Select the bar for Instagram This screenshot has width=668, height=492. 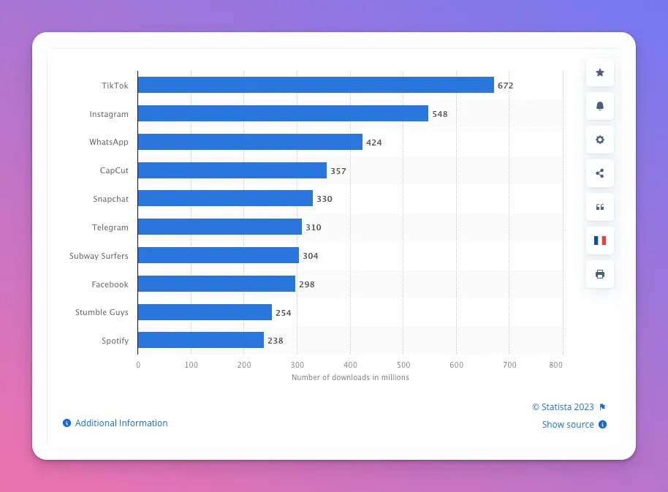pyautogui.click(x=283, y=114)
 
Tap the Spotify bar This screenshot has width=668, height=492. pyautogui.click(x=201, y=340)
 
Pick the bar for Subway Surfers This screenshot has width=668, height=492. pyautogui.click(x=219, y=255)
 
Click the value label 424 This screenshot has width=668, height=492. pyautogui.click(x=374, y=143)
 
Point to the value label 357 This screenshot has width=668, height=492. pyautogui.click(x=338, y=171)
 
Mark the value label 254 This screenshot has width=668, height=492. pyautogui.click(x=284, y=313)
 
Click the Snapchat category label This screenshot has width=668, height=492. pyautogui.click(x=110, y=199)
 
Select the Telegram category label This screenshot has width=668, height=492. pyautogui.click(x=110, y=227)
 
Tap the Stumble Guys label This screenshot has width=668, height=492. pyautogui.click(x=102, y=312)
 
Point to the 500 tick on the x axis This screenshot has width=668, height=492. pyautogui.click(x=403, y=364)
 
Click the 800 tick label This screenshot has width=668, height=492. pyautogui.click(x=556, y=364)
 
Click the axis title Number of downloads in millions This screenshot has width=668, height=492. pyautogui.click(x=350, y=378)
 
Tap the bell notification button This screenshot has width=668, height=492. pyautogui.click(x=600, y=106)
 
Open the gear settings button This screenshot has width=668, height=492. pyautogui.click(x=600, y=140)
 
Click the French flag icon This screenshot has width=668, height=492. pyautogui.click(x=600, y=241)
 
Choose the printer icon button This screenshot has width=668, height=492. pyautogui.click(x=600, y=274)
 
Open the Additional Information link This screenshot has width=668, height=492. pyautogui.click(x=121, y=423)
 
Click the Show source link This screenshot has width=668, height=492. pyautogui.click(x=568, y=425)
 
